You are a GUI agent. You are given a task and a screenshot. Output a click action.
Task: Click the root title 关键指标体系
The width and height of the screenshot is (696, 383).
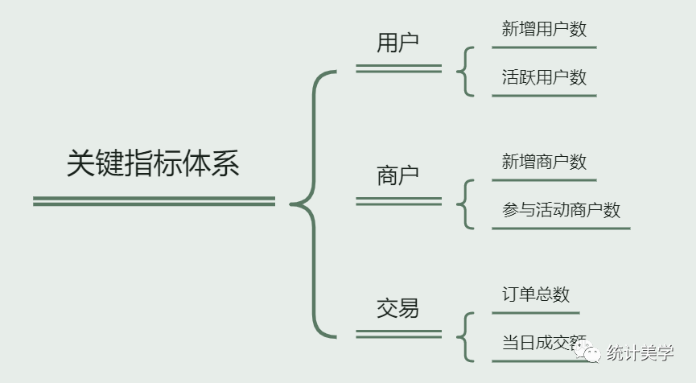click(153, 164)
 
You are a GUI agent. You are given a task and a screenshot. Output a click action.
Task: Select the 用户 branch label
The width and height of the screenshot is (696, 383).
click(397, 43)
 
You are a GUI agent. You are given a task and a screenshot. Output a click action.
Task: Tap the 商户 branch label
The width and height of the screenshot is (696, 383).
click(397, 175)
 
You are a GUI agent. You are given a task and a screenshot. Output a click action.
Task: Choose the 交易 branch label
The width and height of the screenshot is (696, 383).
click(397, 308)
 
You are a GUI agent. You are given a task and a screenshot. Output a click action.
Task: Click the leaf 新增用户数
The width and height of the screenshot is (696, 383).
click(544, 30)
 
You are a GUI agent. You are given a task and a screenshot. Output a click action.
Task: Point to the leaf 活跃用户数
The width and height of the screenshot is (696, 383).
click(544, 78)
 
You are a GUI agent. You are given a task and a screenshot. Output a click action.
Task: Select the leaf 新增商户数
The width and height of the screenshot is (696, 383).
click(544, 162)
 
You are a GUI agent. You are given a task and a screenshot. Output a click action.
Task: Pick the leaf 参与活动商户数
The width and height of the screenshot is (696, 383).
click(561, 210)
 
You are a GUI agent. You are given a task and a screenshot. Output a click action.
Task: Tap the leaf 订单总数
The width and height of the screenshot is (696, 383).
click(535, 294)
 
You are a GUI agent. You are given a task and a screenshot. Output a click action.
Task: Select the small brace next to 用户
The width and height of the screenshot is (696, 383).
click(464, 71)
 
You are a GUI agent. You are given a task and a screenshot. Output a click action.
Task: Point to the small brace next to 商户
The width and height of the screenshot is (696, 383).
click(464, 204)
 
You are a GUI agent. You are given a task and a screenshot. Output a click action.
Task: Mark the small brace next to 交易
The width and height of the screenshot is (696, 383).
click(464, 336)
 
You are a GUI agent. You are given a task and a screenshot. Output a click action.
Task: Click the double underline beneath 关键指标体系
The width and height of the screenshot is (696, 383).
click(154, 201)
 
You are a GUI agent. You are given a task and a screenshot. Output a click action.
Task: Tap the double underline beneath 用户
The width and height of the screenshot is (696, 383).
click(398, 68)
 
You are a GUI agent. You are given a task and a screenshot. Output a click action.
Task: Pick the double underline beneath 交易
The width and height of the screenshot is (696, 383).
click(398, 333)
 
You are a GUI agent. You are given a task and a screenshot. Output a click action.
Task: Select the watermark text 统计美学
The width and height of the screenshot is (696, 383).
click(640, 352)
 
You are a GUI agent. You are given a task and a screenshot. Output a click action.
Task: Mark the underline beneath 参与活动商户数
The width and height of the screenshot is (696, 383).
click(561, 229)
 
